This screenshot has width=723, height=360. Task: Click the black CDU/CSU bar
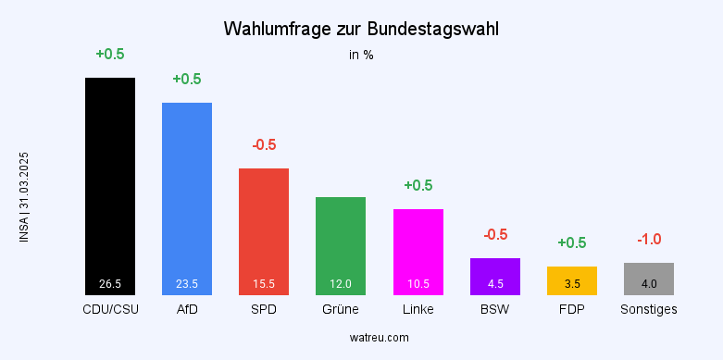coord(110,185)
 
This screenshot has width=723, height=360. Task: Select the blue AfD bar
coord(187,198)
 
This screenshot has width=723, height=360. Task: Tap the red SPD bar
coord(264,231)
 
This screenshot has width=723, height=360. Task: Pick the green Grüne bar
coord(341,245)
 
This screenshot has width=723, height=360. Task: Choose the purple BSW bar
coord(495,276)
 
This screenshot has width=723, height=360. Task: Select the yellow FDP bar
coord(572,280)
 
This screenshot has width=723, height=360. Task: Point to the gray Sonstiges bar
coord(649,279)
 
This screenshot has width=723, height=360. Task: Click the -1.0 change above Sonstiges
coord(649,240)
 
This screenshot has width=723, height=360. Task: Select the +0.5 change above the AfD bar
coord(187,79)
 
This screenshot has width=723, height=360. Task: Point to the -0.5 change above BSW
coord(495,235)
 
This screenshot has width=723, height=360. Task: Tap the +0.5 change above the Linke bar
coord(418,185)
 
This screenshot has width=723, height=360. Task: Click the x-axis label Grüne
coord(341,309)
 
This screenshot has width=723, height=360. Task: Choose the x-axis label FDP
coord(572,309)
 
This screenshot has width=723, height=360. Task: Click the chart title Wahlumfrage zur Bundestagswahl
coord(361,30)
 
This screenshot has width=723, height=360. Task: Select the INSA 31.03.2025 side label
coord(24,197)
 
